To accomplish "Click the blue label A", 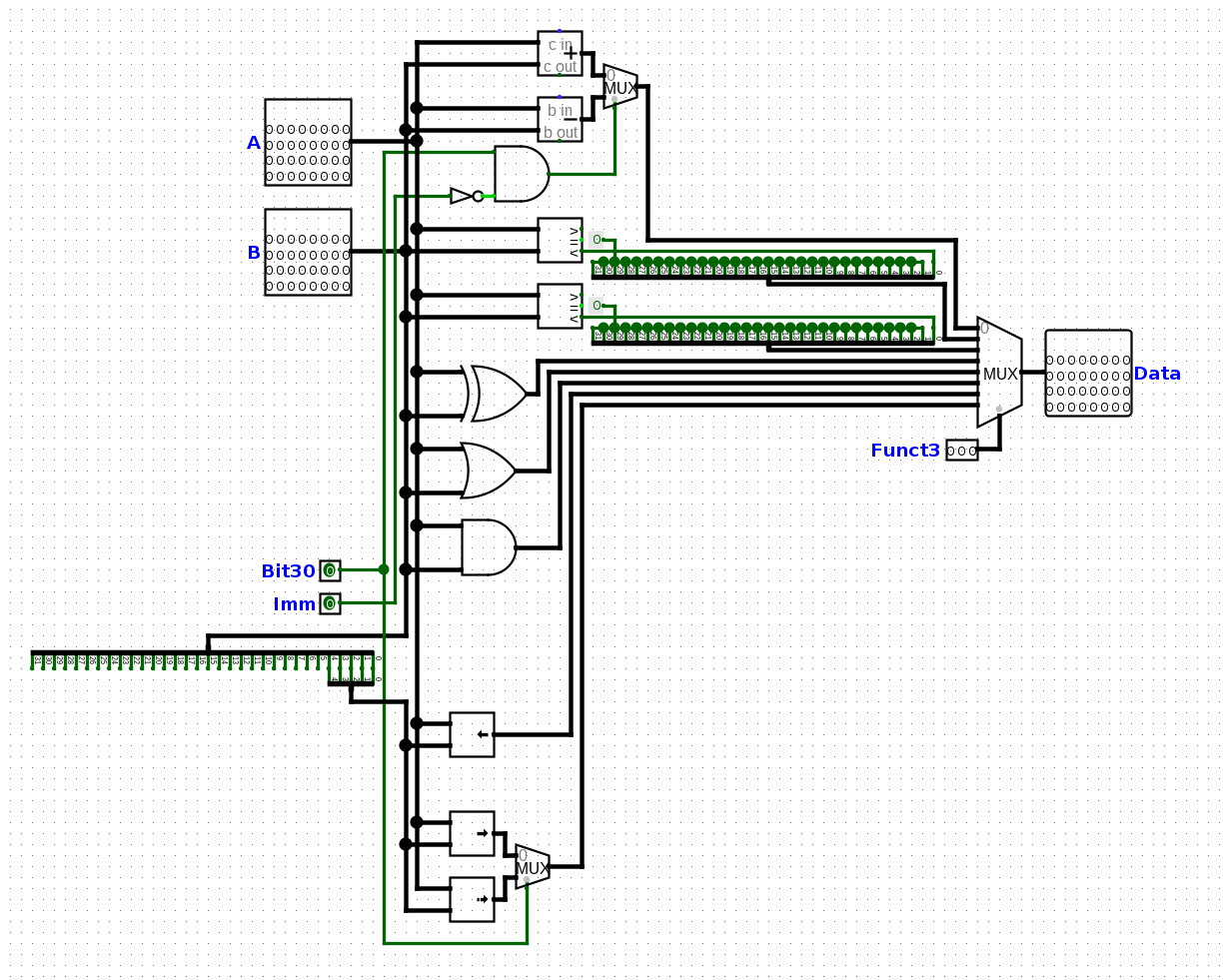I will [x=254, y=143].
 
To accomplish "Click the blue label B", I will [x=254, y=253].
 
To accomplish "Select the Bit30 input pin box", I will [x=330, y=570].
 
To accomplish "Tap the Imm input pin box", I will [x=330, y=603].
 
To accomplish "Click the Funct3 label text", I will [x=904, y=451].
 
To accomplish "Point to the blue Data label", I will [x=1157, y=374].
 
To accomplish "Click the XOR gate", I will [x=497, y=393].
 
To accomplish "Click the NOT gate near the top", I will [x=464, y=196].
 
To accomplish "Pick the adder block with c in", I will [x=560, y=53].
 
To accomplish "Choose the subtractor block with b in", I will [x=560, y=119].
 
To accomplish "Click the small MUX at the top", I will [x=619, y=88].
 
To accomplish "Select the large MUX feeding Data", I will [x=999, y=374].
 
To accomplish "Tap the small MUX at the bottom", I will [x=532, y=867].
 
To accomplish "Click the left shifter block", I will [x=472, y=734].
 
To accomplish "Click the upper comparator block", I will [x=560, y=240].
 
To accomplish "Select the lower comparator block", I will [x=560, y=306].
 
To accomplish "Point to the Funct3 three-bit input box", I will [x=961, y=451].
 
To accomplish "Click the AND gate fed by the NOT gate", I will [x=521, y=174].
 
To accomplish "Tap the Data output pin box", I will [x=1088, y=374].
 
